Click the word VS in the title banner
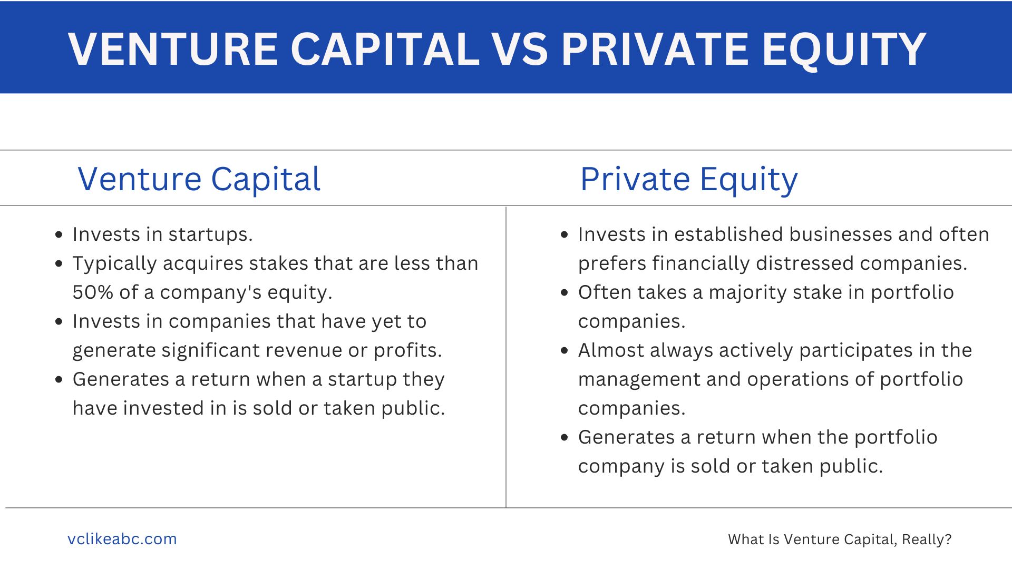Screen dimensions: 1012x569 (519, 49)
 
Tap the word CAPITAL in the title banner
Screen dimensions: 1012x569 (385, 49)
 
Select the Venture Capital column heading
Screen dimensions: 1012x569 (199, 180)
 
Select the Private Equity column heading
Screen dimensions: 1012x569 (689, 180)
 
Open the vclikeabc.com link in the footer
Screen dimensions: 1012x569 (122, 539)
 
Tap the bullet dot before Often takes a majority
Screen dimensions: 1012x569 (565, 293)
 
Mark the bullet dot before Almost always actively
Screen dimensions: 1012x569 (565, 351)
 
